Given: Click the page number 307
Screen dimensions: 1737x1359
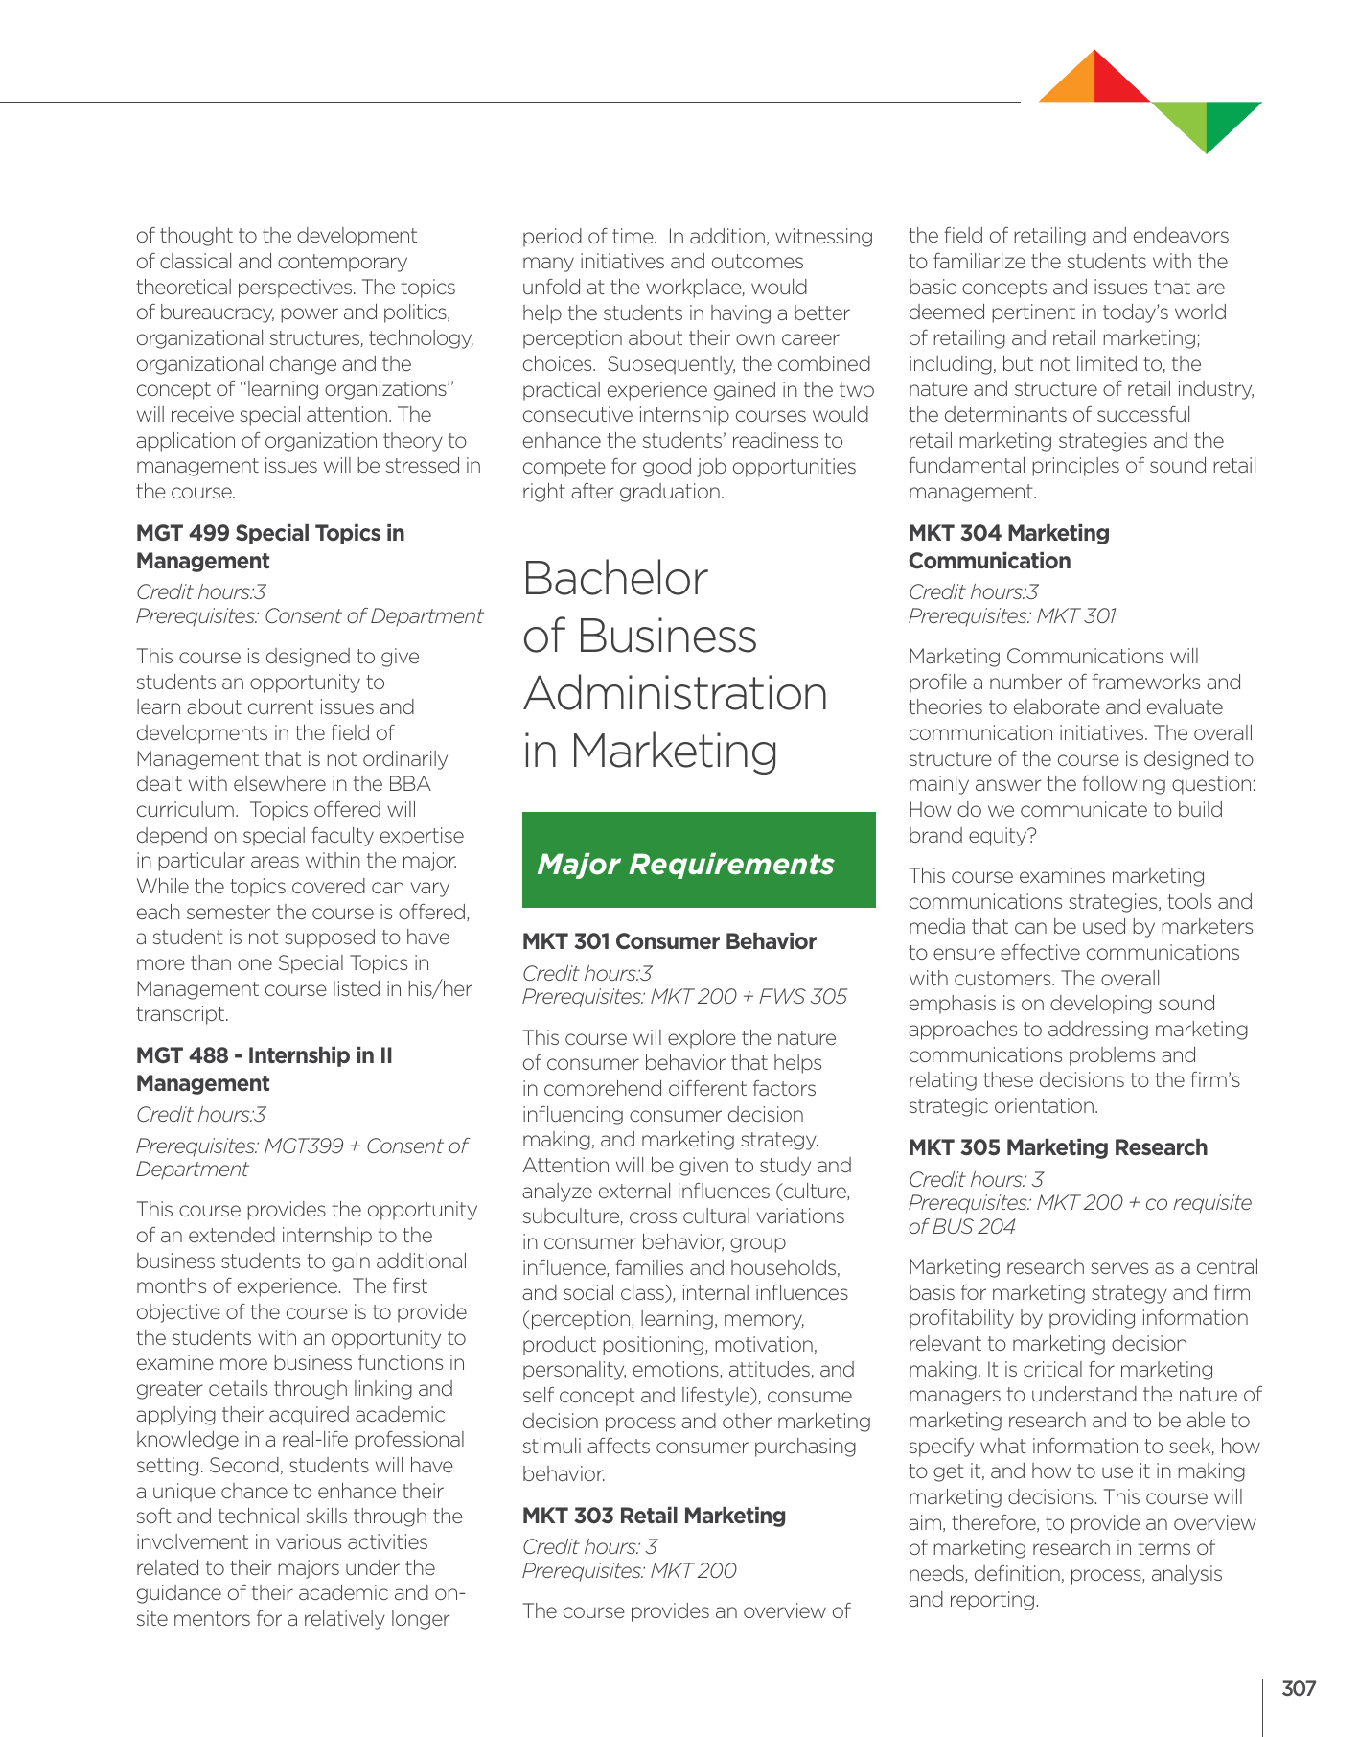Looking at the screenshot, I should tap(1299, 1689).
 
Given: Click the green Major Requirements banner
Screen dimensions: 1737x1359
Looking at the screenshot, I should tap(699, 860).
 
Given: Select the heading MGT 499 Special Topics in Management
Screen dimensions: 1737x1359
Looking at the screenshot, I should tap(270, 546).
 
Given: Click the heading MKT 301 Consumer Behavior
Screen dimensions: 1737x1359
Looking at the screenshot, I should tap(669, 941).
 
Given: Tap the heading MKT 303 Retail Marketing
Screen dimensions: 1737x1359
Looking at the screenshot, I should tap(654, 1516).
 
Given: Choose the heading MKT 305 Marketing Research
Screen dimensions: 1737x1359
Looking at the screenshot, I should tap(1057, 1147).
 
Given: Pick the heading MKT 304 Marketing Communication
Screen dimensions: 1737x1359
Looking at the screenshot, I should tap(1008, 546).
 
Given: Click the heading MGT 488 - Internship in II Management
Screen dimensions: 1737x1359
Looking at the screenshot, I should tap(265, 1069).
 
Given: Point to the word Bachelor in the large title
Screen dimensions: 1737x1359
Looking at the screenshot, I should tap(615, 579).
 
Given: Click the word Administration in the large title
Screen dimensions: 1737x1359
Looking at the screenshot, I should tap(675, 693).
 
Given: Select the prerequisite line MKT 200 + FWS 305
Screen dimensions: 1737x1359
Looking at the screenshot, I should tap(684, 997).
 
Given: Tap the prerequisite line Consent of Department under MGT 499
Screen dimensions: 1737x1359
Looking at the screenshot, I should tap(310, 616).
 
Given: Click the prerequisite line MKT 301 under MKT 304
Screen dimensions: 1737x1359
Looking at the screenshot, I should tap(1012, 616).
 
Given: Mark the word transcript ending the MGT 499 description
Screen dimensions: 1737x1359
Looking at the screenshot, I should tap(182, 1014).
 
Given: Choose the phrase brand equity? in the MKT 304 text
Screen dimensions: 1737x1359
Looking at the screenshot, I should tap(972, 836).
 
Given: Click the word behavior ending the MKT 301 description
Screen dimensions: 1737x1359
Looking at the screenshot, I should tap(564, 1473).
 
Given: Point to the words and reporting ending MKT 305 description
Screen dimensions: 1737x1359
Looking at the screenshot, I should tap(973, 1600).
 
